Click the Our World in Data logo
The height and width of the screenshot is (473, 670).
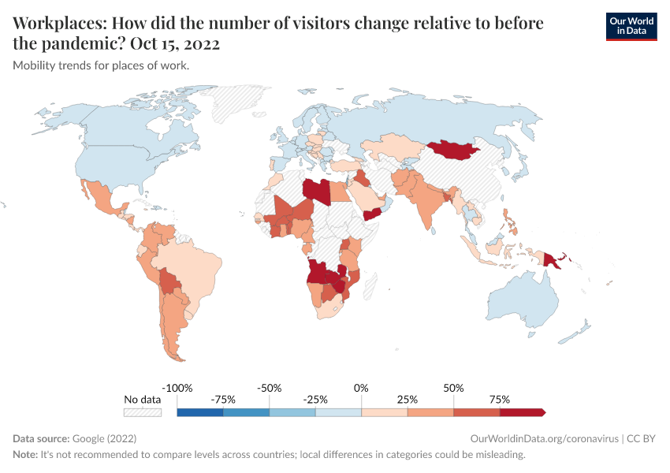coord(631,26)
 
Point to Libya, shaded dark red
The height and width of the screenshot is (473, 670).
coord(316,192)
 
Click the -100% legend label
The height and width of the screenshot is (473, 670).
coord(177,389)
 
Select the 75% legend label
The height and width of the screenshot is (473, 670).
coord(499,400)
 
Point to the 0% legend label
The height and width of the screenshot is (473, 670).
coord(361,389)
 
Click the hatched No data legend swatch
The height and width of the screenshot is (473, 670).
coord(143,412)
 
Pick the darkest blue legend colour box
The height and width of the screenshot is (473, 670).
coord(200,412)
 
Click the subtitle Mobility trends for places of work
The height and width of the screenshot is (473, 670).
coord(101,65)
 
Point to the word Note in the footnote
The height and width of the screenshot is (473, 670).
coord(25,455)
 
